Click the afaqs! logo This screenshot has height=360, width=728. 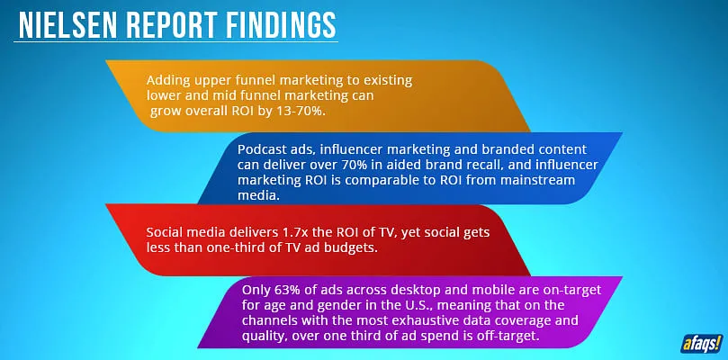(702, 343)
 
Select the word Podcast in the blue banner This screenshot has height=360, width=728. (258, 149)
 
